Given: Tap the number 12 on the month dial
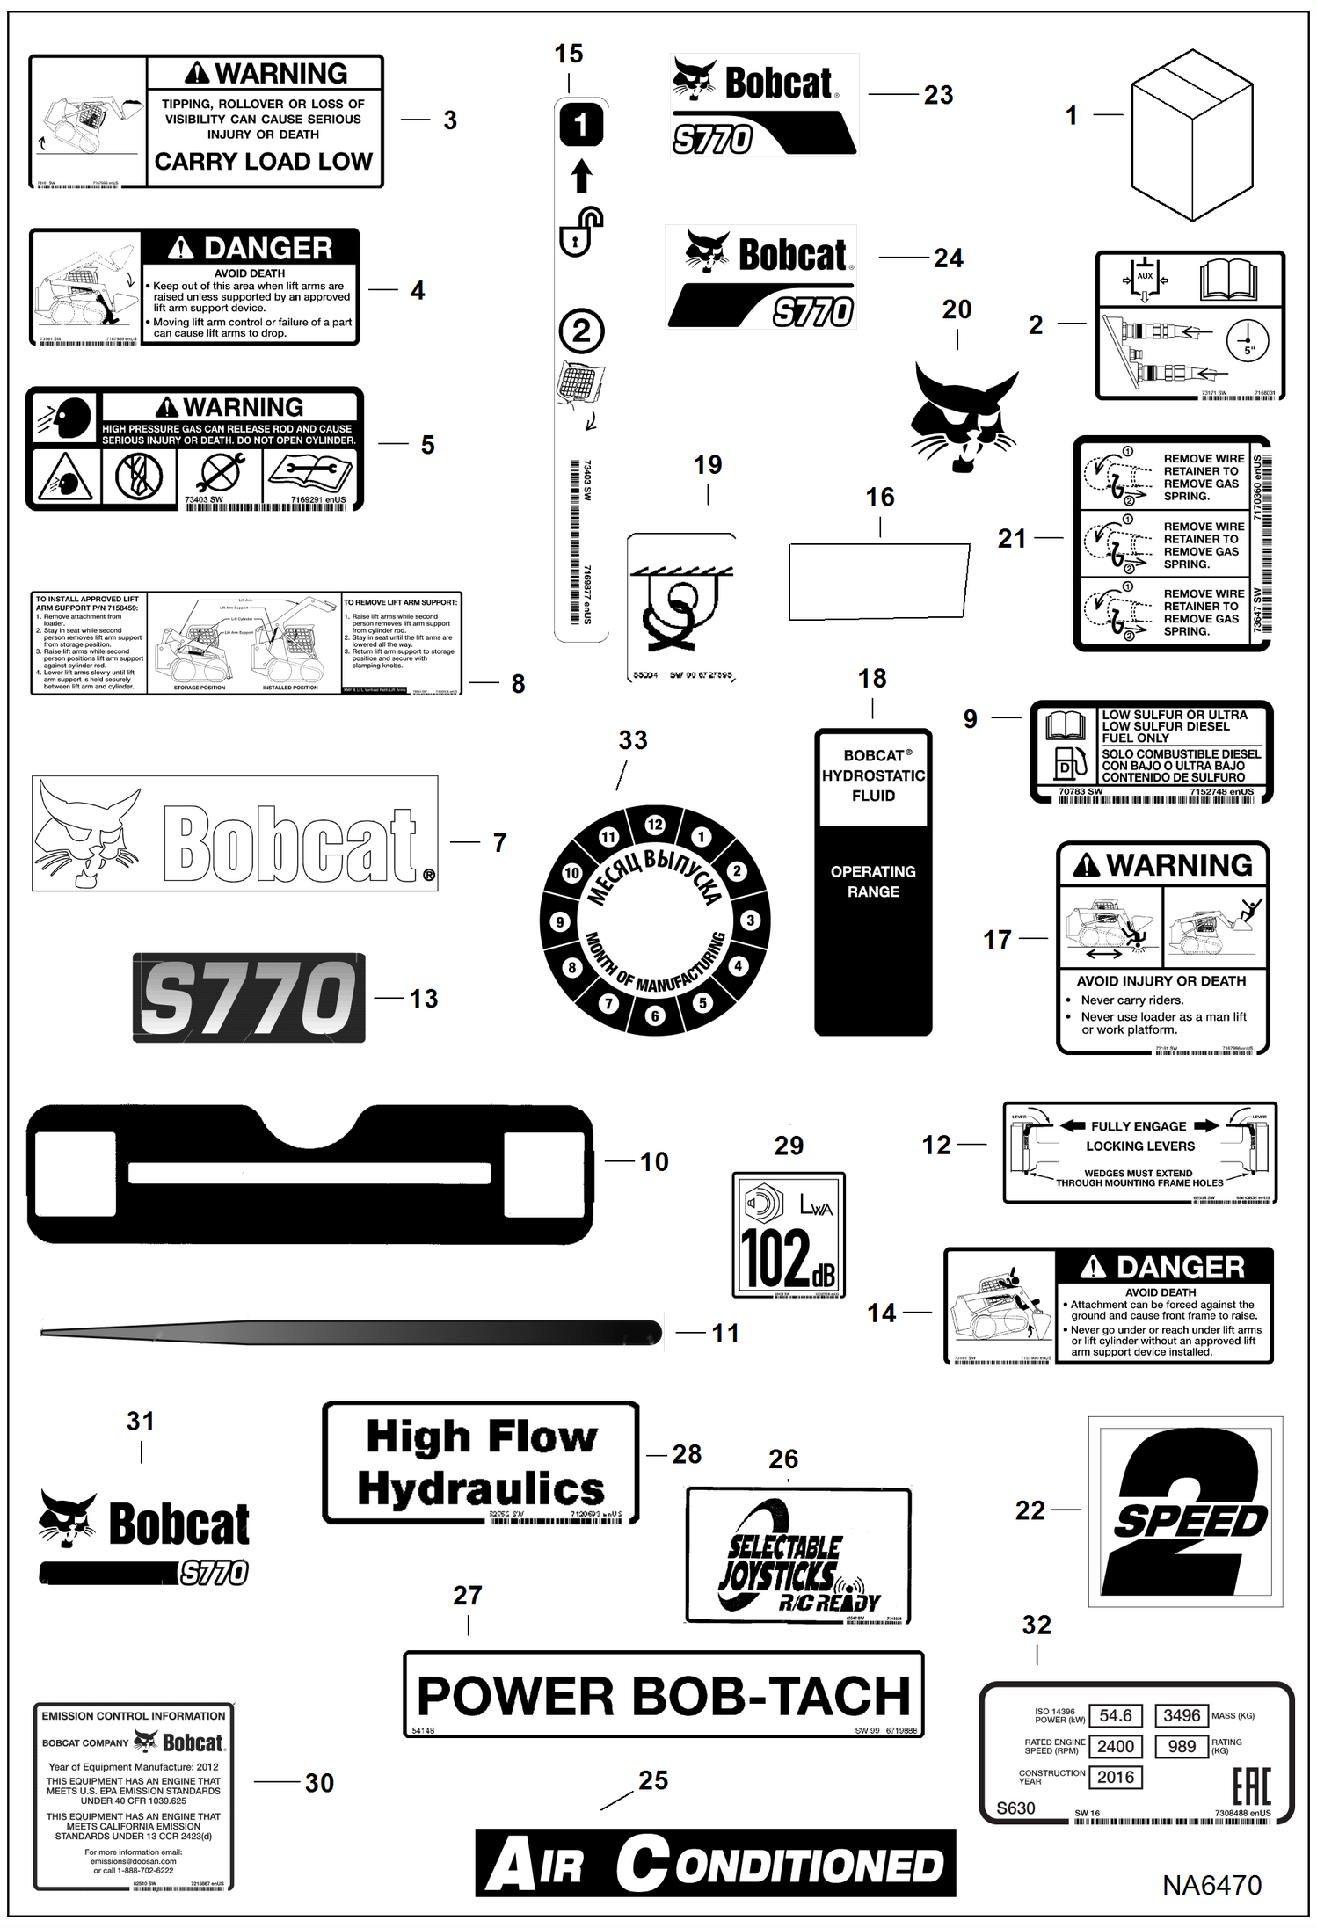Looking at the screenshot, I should pyautogui.click(x=655, y=825).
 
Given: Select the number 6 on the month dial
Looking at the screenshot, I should pyautogui.click(x=654, y=1015).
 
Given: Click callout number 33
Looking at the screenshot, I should pyautogui.click(x=633, y=740).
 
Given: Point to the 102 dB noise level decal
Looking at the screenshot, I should pyautogui.click(x=789, y=1234).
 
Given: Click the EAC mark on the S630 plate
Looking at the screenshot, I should pyautogui.click(x=1251, y=1786).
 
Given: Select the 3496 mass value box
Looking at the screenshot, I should pyautogui.click(x=1181, y=1715).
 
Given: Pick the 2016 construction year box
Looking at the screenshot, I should pyautogui.click(x=1116, y=1777).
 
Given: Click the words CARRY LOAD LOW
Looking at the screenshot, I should pyautogui.click(x=264, y=162).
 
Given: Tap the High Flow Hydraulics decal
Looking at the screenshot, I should pyautogui.click(x=481, y=1463).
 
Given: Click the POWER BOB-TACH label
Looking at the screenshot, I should pyautogui.click(x=663, y=1695).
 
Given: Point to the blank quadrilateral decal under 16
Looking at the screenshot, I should pyautogui.click(x=879, y=580).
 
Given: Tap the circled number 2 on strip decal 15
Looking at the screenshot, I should pyautogui.click(x=581, y=331).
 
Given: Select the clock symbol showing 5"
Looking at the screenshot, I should pyautogui.click(x=1247, y=340).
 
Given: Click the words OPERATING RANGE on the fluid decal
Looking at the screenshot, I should pyautogui.click(x=873, y=881).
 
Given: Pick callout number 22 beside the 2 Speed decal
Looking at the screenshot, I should pyautogui.click(x=1030, y=1510).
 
